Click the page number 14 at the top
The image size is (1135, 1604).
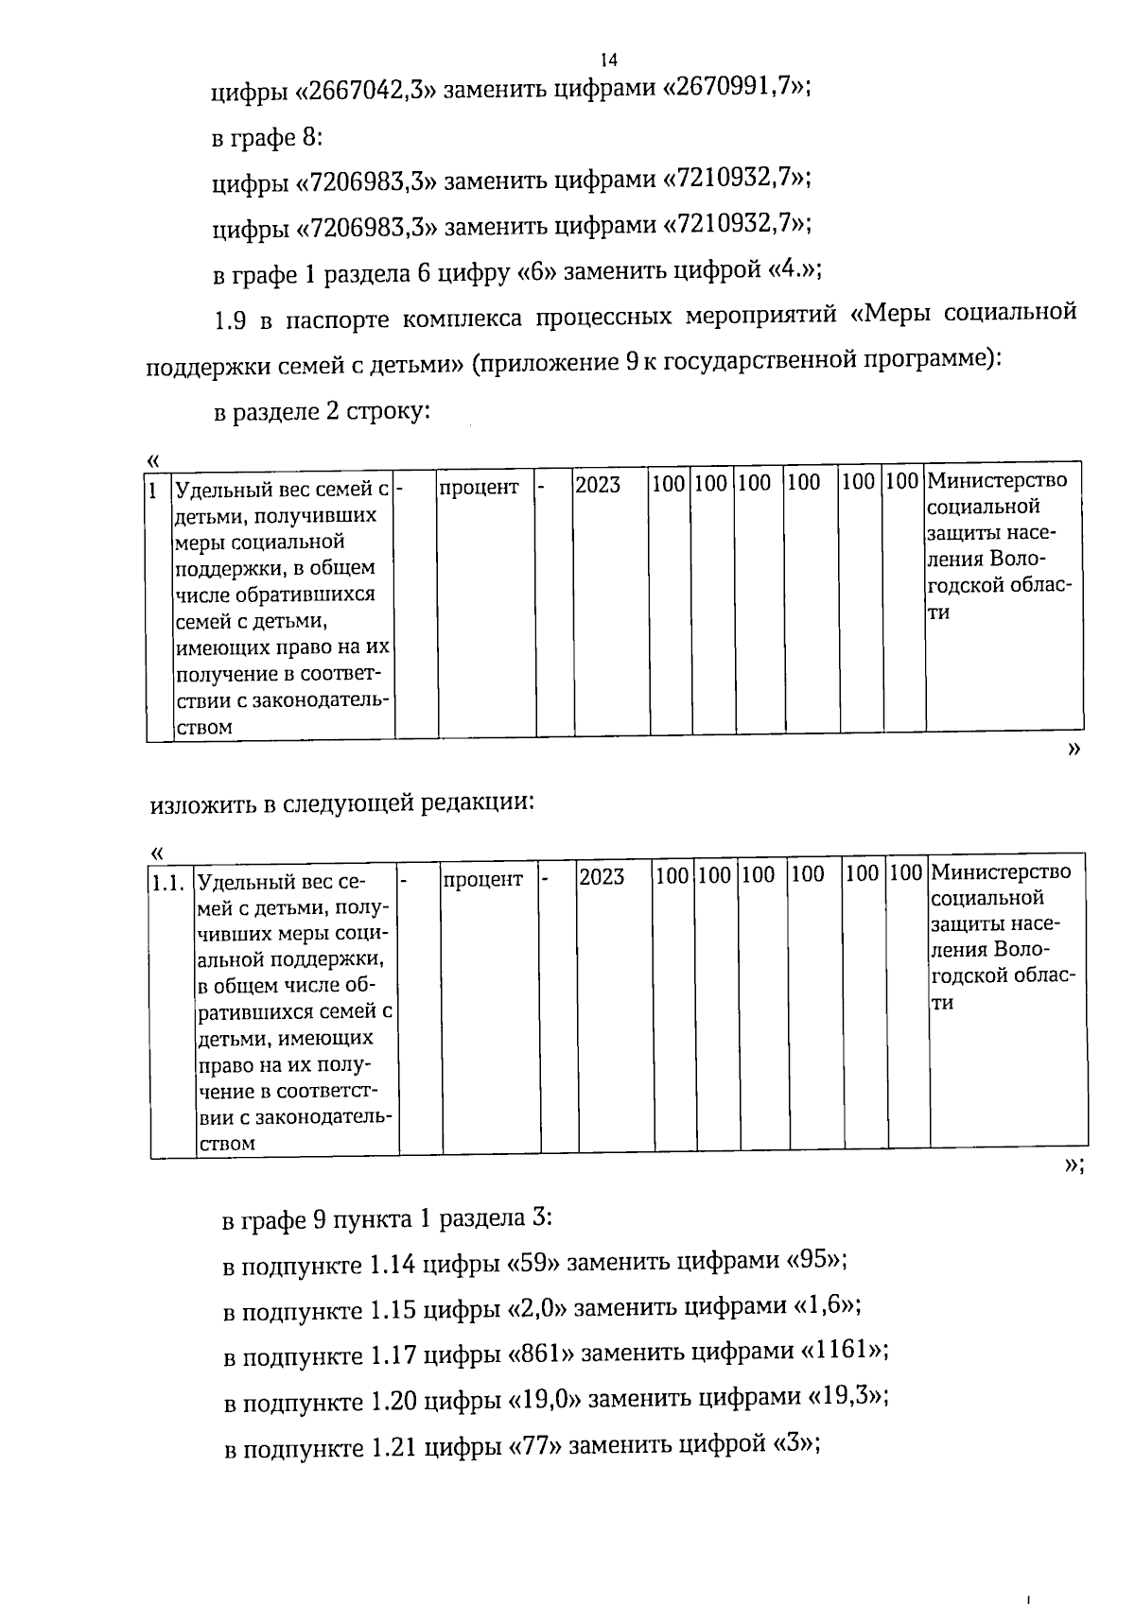tap(609, 60)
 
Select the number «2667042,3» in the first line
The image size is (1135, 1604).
tap(366, 91)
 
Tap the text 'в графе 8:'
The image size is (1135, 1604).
tap(267, 137)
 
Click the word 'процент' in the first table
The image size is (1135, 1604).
tap(479, 488)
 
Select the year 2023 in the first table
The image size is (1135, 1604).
tap(598, 486)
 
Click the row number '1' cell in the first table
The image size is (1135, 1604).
tap(154, 490)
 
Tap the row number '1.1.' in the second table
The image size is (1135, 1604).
tap(166, 882)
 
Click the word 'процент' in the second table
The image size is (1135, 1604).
tap(482, 878)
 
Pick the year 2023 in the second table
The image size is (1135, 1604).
tap(602, 876)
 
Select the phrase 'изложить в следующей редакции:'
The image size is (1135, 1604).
tap(342, 803)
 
